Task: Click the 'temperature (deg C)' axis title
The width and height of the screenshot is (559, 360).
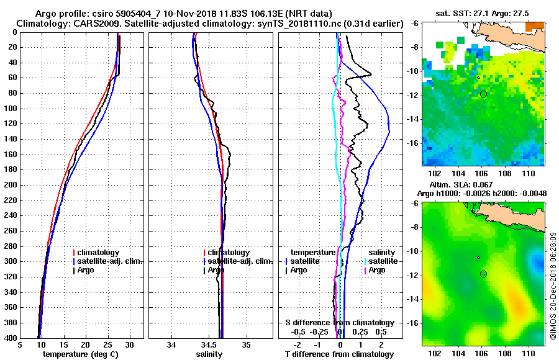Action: pyautogui.click(x=81, y=354)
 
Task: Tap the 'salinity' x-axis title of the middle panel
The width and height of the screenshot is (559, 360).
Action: pyautogui.click(x=211, y=354)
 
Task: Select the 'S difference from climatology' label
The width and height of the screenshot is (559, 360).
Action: pyautogui.click(x=339, y=323)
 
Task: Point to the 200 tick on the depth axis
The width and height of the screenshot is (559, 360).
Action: pyautogui.click(x=12, y=185)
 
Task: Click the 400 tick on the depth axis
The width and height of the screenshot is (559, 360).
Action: pyautogui.click(x=12, y=338)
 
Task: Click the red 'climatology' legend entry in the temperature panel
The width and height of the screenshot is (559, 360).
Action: pyautogui.click(x=101, y=253)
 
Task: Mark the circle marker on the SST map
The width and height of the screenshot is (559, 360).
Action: pyautogui.click(x=483, y=94)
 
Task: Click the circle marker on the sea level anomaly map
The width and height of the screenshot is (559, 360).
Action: pyautogui.click(x=483, y=274)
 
